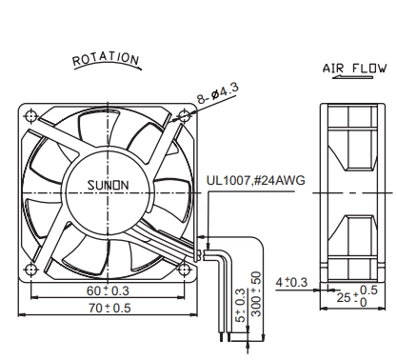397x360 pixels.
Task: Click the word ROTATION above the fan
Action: click(x=106, y=59)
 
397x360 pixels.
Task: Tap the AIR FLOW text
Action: click(x=354, y=69)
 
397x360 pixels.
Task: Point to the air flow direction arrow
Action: click(x=352, y=77)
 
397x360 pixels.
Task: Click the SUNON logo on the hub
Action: click(x=108, y=185)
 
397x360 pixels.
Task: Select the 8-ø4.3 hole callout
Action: click(x=218, y=92)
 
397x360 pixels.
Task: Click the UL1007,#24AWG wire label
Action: click(x=256, y=180)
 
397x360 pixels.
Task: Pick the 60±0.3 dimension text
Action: click(x=108, y=290)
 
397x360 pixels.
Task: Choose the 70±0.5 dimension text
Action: click(x=109, y=308)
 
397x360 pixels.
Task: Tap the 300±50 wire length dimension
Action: click(x=256, y=293)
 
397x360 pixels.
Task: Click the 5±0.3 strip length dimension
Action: click(x=241, y=305)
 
